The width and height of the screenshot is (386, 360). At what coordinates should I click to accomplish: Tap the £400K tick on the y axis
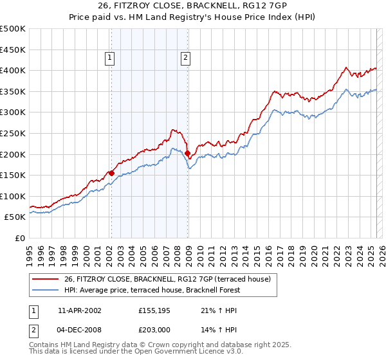click(x=13, y=70)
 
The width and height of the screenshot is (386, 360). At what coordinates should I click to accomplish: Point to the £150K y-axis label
click(x=13, y=175)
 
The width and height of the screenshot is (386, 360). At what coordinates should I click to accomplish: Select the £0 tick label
click(x=20, y=238)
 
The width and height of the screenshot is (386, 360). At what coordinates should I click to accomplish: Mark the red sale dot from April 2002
click(x=111, y=173)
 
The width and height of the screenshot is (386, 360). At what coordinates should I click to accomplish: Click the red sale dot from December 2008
click(x=187, y=153)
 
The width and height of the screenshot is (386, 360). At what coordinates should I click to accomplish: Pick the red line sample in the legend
click(x=46, y=279)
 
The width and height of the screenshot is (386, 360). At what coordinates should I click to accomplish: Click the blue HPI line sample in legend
click(x=46, y=290)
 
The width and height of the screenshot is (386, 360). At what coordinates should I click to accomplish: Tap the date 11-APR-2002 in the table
click(x=79, y=310)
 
